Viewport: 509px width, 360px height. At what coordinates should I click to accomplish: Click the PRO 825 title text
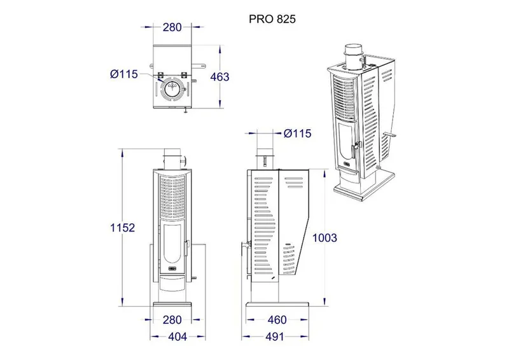point(272,19)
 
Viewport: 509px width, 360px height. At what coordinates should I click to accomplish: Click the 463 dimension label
point(220,77)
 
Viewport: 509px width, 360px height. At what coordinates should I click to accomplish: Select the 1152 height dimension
point(122,228)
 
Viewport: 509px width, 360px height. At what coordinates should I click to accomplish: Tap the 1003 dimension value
point(324,238)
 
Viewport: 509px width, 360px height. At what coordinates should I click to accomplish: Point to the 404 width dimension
point(178,336)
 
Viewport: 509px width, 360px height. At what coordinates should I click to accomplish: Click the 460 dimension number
point(277,320)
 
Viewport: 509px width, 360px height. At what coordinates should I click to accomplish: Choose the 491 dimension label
point(275,336)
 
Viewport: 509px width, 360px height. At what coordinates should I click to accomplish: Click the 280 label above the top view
point(172,27)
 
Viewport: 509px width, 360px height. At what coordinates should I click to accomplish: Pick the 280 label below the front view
point(172,320)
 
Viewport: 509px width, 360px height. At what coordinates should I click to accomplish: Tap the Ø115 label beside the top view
point(124,74)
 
